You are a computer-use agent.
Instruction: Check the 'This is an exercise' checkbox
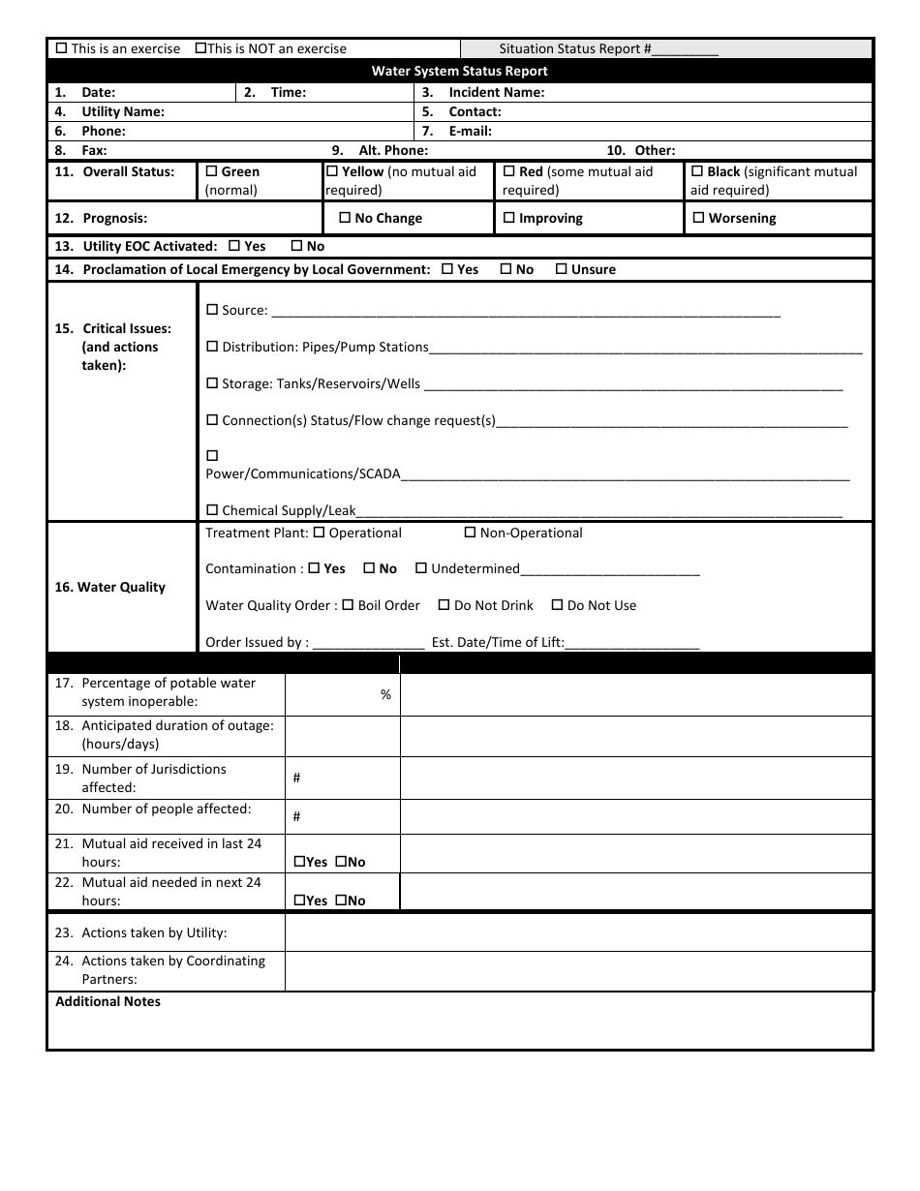62,48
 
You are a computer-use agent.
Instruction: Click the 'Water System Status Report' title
460,71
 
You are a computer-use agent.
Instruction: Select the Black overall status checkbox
697,171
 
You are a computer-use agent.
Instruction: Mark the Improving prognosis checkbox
509,218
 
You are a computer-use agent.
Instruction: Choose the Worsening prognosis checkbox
698,218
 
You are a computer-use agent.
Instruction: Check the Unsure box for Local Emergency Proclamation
562,269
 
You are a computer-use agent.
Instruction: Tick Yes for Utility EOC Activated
233,246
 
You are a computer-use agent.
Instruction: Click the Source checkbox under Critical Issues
212,310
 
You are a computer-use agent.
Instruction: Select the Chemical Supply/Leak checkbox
212,510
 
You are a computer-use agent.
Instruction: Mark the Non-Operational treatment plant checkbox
471,533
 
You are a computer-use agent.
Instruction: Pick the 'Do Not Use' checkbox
557,605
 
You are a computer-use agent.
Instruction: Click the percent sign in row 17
385,694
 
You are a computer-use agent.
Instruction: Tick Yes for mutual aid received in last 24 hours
299,862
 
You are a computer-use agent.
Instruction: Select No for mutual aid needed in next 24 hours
341,901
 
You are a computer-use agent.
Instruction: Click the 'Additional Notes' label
107,1001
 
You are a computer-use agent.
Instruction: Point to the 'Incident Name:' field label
496,92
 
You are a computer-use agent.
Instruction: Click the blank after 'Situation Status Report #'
686,48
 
